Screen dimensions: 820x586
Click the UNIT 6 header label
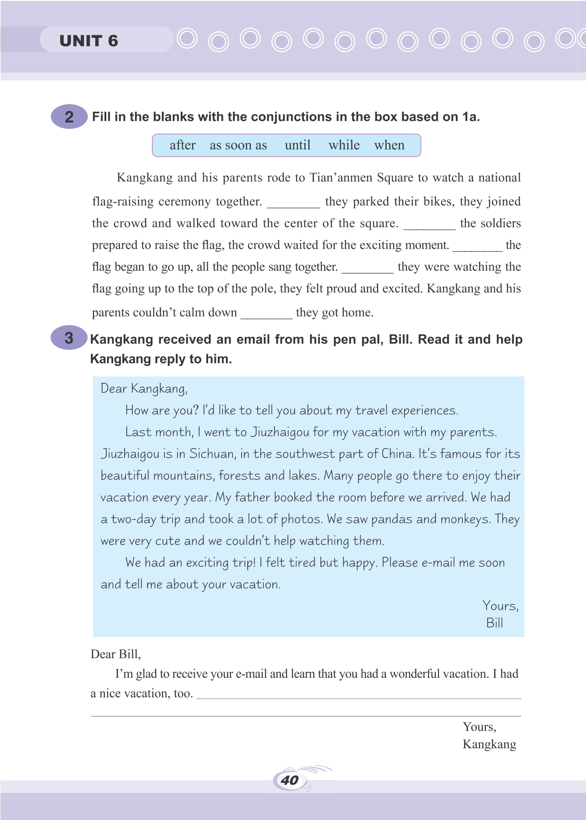tap(89, 41)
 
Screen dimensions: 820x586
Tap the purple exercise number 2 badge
tap(69, 117)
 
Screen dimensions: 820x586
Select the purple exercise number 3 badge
tap(69, 338)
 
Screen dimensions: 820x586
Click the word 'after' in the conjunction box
tap(182, 145)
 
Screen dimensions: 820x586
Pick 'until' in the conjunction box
tap(298, 145)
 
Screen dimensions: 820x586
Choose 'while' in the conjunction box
tap(344, 145)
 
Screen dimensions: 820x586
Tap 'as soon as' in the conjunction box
tap(238, 145)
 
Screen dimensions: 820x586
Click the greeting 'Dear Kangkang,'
tap(144, 388)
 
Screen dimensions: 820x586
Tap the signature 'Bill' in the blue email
tap(495, 623)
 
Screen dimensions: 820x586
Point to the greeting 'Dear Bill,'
tap(116, 654)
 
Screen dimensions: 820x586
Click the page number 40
tap(290, 780)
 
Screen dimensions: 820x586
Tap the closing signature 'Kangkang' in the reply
tap(489, 744)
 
